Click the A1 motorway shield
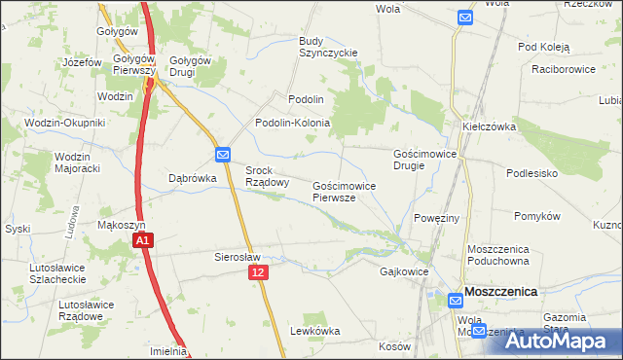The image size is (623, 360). pos(142,240)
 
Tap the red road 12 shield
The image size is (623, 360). pos(257,275)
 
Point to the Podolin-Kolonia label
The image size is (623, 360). pos(293,124)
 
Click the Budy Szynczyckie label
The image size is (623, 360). pos(328,47)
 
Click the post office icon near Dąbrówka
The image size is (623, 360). pos(223,154)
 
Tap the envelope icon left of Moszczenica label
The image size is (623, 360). pos(456,303)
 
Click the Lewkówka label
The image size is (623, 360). pos(314,331)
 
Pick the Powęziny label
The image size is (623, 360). pos(436,218)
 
